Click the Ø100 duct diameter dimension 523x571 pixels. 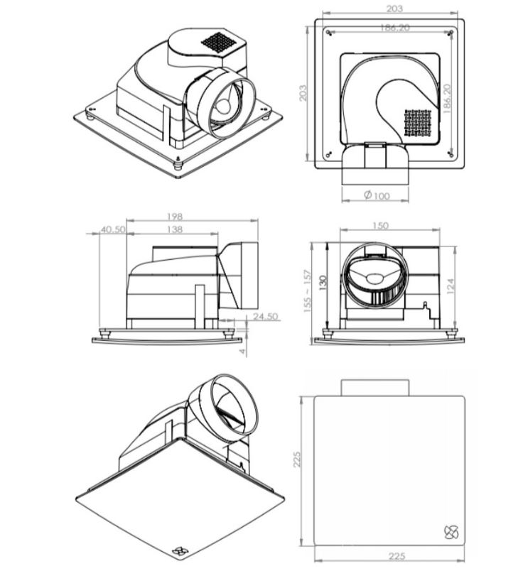pos(377,195)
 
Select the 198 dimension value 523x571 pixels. pos(175,217)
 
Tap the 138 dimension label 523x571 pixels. pos(175,229)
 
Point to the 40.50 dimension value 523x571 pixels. pos(113,229)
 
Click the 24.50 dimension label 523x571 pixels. pos(266,317)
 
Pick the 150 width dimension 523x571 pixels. pos(380,226)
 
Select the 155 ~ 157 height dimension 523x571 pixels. pos(307,291)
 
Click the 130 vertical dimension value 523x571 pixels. pos(323,283)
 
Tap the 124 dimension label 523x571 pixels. pos(451,286)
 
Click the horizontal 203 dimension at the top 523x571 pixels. pos(394,9)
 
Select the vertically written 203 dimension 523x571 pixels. pos(303,93)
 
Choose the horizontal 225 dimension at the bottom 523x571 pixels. pos(397,556)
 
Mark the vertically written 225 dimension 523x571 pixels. pos(297,459)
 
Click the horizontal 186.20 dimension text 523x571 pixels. pos(394,27)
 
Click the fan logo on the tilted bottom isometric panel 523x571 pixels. pos(179,551)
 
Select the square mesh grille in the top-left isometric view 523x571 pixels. pos(219,43)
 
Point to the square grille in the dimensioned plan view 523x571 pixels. pos(418,123)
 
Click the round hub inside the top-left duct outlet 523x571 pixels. pos(222,107)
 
